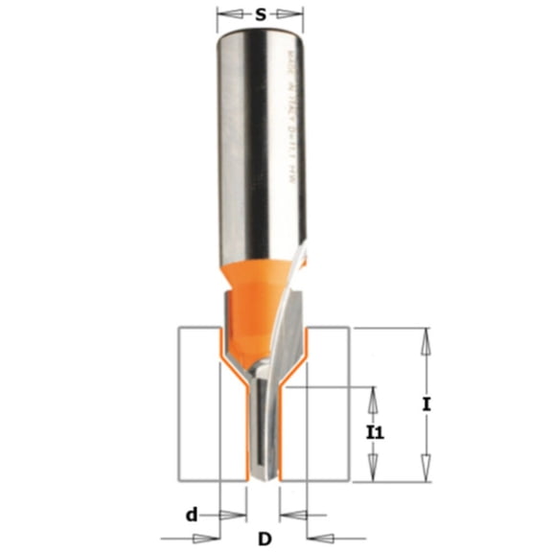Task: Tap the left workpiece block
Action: tap(198, 402)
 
